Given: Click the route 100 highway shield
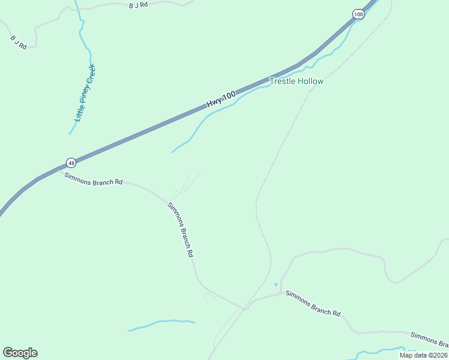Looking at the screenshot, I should pos(358,14).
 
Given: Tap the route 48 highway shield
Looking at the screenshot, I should pos(71,163).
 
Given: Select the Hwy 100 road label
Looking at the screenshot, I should pos(220,99).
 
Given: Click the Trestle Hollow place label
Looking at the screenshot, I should pos(297,81).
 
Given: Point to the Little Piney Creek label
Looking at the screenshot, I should pos(85,93).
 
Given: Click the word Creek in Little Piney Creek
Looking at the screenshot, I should pos(91,75).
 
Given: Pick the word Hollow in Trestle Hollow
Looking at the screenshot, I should pos(310,81).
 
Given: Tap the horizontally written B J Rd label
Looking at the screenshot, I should pos(138,5).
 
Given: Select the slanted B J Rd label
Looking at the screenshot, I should pos(19,42).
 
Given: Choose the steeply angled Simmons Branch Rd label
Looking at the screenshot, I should pos(180,230).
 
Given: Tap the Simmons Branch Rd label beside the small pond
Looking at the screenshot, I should pos(313,304).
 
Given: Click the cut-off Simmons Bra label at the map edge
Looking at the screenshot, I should pos(429,339).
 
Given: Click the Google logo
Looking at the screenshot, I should pos(20,353).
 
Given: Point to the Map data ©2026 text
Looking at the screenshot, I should pos(423,355).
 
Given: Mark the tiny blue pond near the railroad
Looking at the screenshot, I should pos(276,284).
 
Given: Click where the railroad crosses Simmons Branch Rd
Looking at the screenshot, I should pos(244,308).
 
